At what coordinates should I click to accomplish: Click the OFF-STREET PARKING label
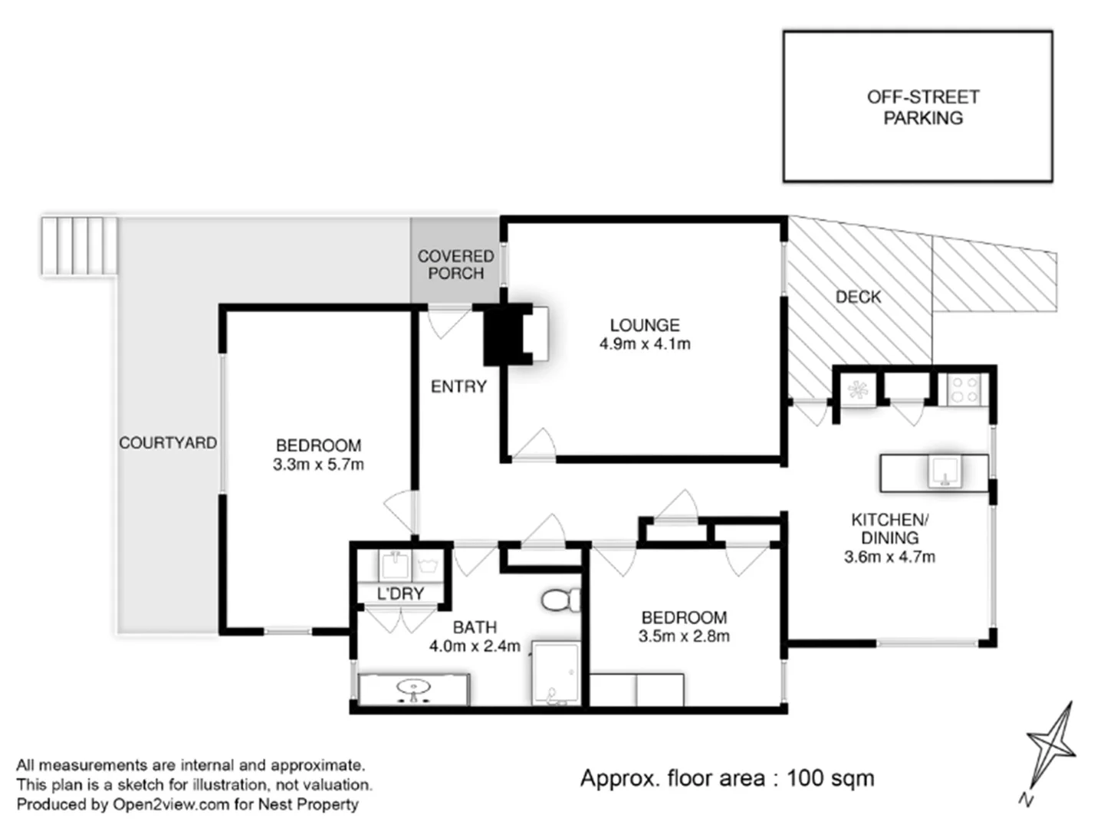pos(922,107)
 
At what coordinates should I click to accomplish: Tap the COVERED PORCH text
pos(455,264)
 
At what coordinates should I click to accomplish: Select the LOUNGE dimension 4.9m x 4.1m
pos(644,344)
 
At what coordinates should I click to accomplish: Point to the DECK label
pos(858,297)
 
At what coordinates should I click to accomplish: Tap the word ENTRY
pos(458,386)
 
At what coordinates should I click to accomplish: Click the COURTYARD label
pos(167,443)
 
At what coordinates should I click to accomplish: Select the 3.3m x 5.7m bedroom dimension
pos(318,465)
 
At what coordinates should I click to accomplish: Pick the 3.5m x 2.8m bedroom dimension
pos(684,636)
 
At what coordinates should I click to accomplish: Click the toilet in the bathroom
pos(560,600)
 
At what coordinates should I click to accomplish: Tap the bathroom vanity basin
pos(413,689)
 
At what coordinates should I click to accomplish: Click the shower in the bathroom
pos(556,674)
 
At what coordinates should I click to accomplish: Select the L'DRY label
pos(400,593)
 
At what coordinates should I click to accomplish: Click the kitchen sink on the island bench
pos(945,472)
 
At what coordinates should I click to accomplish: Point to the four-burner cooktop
pos(964,389)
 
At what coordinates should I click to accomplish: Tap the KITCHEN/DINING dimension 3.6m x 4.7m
pos(889,557)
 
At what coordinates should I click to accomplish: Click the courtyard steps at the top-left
pos(79,245)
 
